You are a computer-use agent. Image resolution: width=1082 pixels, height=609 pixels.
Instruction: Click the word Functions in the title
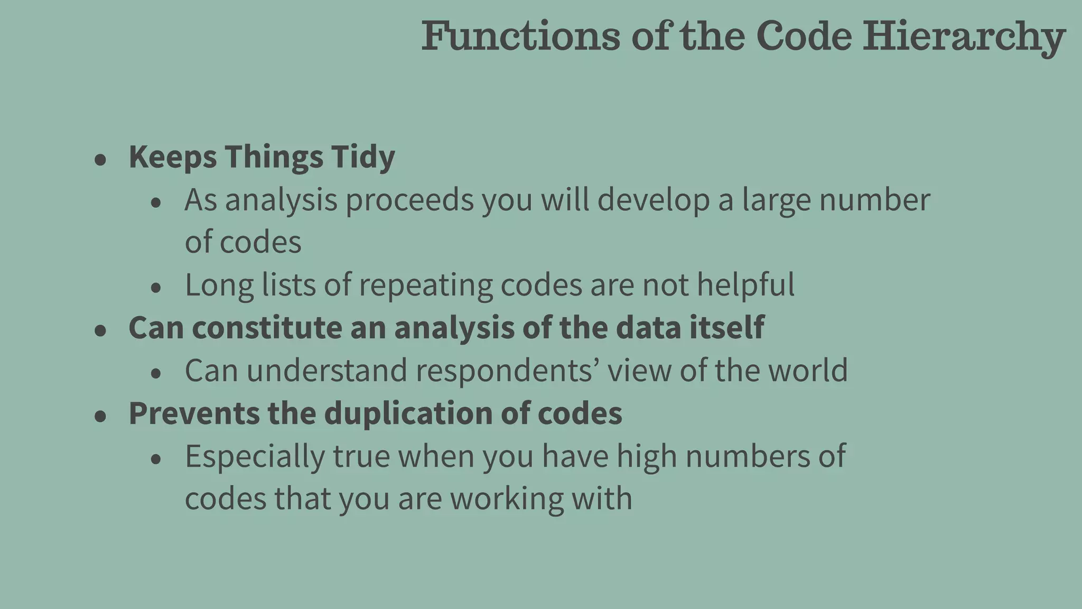[x=520, y=36]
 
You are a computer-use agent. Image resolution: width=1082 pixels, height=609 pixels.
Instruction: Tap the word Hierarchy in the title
[x=964, y=37]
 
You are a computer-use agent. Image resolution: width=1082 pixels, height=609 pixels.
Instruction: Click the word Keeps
[x=173, y=158]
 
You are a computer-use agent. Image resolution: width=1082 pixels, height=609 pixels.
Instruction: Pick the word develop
[x=654, y=200]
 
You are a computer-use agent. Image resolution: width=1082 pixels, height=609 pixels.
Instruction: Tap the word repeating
[x=425, y=285]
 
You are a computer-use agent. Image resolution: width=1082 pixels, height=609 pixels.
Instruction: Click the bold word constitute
[x=267, y=328]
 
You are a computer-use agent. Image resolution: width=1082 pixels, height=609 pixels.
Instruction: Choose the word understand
[x=327, y=371]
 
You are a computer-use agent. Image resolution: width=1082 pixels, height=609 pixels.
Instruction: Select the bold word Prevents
[x=194, y=413]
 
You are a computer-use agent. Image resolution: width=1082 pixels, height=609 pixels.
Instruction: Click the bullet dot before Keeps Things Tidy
[x=100, y=160]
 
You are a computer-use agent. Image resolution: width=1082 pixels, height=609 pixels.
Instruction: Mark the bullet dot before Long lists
[x=155, y=288]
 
